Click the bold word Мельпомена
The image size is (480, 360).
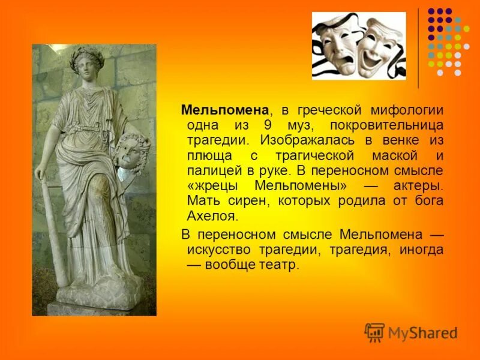click(224, 110)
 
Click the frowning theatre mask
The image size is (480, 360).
click(337, 49)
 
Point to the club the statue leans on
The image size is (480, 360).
click(52, 234)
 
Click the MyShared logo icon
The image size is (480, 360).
click(374, 332)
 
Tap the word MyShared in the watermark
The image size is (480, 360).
click(422, 333)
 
